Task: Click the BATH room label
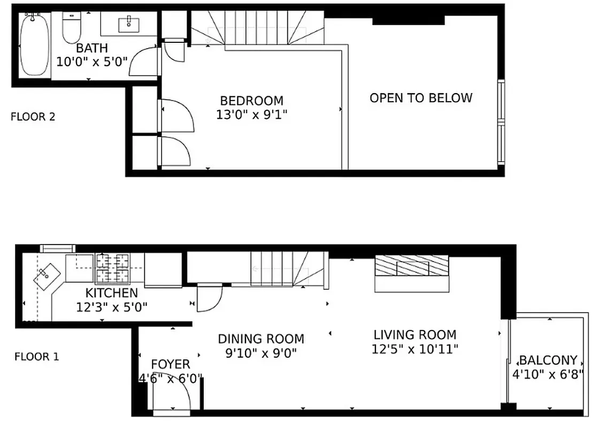(x=91, y=49)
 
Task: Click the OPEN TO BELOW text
(x=421, y=98)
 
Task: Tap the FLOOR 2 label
(x=33, y=117)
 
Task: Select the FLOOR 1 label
(x=36, y=356)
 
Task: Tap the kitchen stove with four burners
(x=112, y=269)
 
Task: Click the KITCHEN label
(x=111, y=293)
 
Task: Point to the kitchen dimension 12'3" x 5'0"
(x=111, y=307)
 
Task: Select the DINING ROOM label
(x=261, y=339)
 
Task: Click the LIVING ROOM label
(x=415, y=335)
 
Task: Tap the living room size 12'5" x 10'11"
(x=415, y=349)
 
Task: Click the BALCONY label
(x=548, y=360)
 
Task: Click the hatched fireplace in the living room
(x=411, y=266)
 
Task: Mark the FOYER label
(x=170, y=365)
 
